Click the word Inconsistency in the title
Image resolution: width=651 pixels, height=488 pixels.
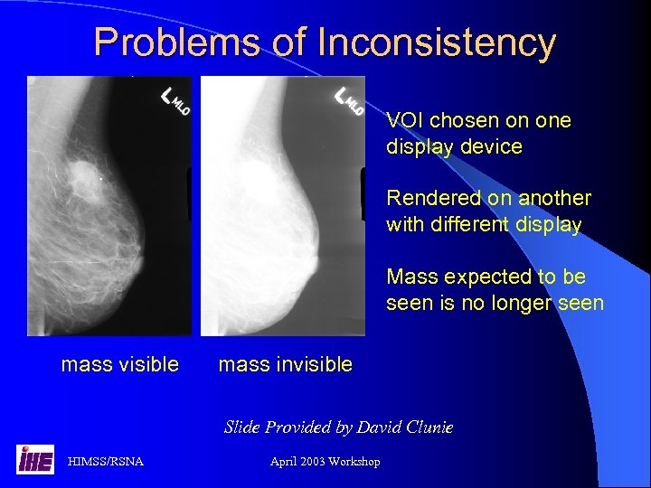[437, 42]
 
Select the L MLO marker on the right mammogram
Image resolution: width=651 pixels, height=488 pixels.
[348, 99]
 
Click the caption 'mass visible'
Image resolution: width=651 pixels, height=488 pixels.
[119, 364]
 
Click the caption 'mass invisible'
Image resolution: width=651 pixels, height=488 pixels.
[286, 364]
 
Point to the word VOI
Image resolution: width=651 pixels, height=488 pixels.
[406, 120]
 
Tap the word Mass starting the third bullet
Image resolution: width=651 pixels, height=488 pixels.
[411, 277]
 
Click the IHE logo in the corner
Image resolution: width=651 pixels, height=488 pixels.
[34, 460]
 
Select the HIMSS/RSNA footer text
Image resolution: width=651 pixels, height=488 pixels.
[105, 462]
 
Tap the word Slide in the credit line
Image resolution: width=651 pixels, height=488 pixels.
[242, 427]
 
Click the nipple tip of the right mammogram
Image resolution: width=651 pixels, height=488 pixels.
[316, 263]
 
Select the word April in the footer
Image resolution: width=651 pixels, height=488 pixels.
[285, 462]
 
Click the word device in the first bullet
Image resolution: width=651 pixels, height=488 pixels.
[494, 146]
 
